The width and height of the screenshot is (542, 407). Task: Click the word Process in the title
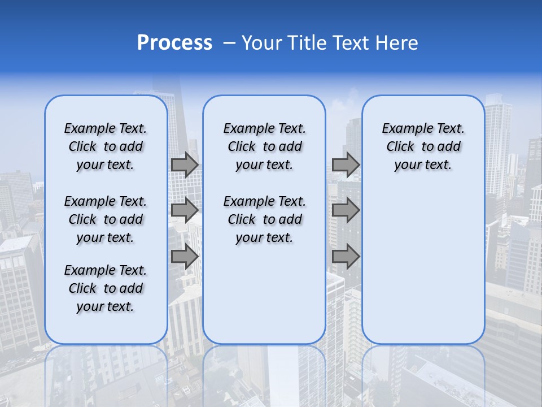tap(174, 43)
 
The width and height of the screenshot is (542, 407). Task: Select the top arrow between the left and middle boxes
tap(185, 164)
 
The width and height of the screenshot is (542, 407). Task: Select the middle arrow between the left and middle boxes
tap(185, 210)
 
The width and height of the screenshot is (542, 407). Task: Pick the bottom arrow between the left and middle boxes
tap(185, 256)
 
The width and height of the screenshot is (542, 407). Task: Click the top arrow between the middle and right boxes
tap(346, 164)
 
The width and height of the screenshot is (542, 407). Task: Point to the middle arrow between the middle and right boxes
tap(346, 210)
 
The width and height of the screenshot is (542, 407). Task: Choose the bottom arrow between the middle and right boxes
tap(346, 256)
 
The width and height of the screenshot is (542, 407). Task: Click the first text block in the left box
tap(106, 146)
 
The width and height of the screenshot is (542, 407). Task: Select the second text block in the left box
tap(106, 219)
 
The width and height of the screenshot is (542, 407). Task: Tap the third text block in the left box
tap(106, 288)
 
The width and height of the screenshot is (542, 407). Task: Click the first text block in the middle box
tap(264, 146)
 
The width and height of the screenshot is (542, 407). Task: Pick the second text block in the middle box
tap(264, 219)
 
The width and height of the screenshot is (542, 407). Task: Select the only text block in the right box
tap(423, 146)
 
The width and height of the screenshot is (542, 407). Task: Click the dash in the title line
tap(229, 43)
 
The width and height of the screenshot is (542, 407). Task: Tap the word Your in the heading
tap(262, 43)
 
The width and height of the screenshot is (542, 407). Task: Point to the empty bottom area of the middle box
tap(264, 300)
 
